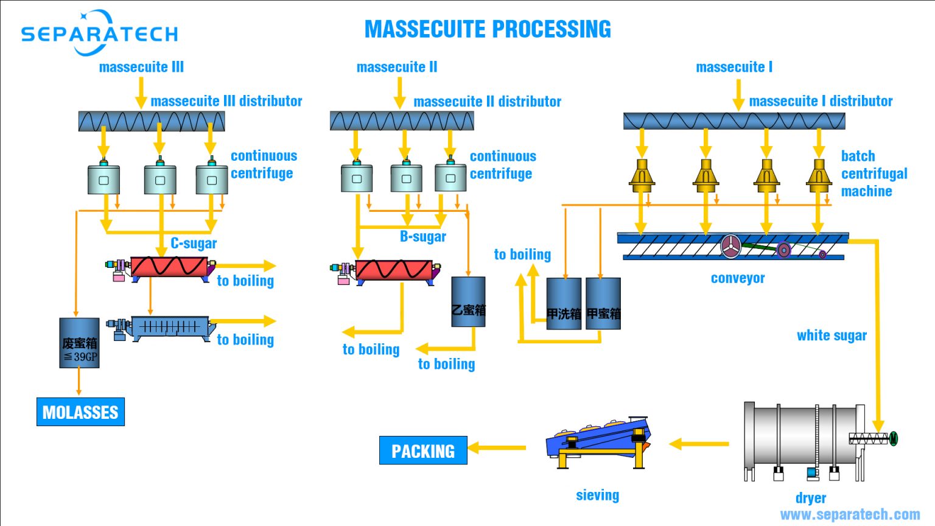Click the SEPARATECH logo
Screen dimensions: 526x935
(99, 33)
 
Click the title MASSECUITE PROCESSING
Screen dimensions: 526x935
(488, 29)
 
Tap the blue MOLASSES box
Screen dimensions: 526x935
(80, 412)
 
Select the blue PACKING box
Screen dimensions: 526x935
(423, 451)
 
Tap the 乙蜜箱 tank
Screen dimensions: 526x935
(468, 303)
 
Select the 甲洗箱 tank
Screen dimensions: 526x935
(564, 304)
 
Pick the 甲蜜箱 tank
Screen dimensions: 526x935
(603, 304)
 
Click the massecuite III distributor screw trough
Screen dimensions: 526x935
(152, 121)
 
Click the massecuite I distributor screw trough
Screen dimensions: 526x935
(734, 121)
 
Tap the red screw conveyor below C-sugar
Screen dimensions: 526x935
(169, 267)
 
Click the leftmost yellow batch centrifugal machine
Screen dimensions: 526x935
(642, 176)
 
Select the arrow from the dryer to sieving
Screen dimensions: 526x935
(699, 444)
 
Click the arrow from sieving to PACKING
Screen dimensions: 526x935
(497, 448)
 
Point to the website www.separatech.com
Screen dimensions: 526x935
(850, 514)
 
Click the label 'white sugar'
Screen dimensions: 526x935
(832, 335)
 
